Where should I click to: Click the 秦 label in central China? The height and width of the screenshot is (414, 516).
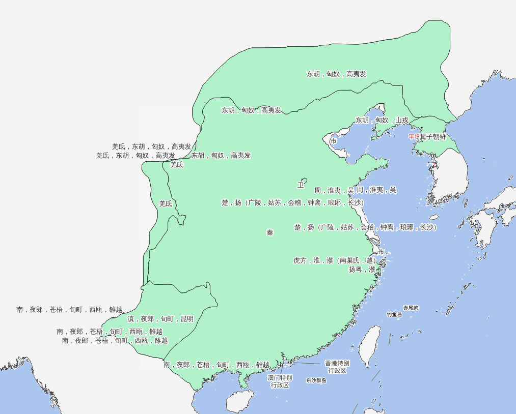270,232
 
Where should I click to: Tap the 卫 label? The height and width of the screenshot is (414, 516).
301,185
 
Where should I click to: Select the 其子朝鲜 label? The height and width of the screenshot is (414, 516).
432,137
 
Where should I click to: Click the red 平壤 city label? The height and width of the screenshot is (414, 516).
414,137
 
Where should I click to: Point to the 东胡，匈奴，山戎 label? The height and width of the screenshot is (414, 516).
382,121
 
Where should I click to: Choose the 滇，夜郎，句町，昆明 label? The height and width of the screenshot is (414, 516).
160,319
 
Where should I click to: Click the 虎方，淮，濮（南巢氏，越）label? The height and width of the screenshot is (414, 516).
335,260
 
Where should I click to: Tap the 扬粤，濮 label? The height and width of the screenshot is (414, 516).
362,269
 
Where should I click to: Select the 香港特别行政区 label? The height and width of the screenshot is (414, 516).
337,367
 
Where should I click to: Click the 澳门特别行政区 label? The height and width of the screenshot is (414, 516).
280,381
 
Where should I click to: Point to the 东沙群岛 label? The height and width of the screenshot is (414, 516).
316,380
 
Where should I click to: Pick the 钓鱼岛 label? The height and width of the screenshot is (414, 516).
394,315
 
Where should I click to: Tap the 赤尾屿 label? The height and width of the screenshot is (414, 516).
411,308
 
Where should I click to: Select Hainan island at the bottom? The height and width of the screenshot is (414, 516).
239,401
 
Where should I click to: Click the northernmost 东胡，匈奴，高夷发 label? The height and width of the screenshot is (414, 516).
336,74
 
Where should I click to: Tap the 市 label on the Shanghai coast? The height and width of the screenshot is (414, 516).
381,252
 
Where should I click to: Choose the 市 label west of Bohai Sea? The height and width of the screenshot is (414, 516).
333,141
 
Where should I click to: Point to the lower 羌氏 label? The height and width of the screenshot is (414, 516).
166,203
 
